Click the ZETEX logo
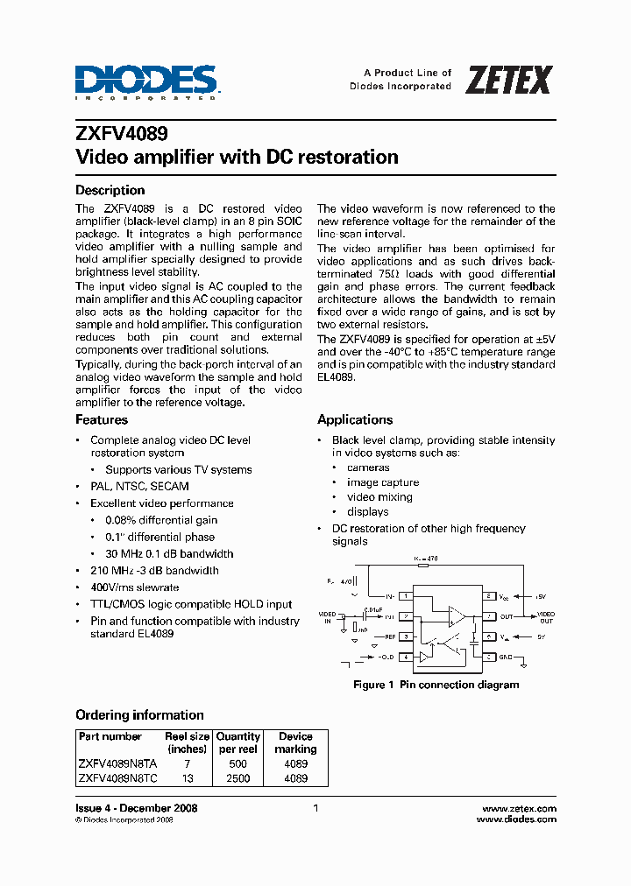click(508, 80)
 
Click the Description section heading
click(110, 190)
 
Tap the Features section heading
click(102, 419)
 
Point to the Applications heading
click(354, 419)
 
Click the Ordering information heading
click(139, 714)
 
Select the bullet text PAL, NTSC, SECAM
click(139, 486)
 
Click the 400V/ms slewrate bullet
click(134, 587)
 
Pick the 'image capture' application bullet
click(383, 482)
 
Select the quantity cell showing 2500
click(238, 777)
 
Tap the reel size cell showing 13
click(187, 777)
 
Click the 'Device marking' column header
click(295, 742)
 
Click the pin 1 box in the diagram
click(407, 595)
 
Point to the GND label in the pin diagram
click(506, 657)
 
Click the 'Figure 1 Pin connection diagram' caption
click(436, 685)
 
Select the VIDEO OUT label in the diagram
click(545, 617)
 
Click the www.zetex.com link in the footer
click(520, 808)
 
